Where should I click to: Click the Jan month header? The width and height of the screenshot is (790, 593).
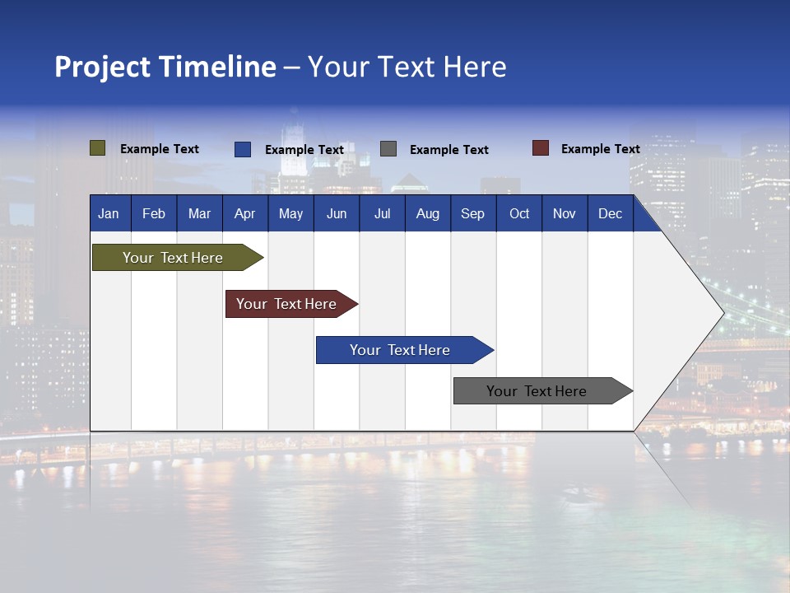(x=109, y=214)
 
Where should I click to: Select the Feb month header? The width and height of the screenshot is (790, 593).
(x=154, y=214)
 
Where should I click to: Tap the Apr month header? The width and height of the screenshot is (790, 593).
(x=245, y=214)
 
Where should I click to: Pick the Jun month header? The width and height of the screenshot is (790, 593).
(x=337, y=214)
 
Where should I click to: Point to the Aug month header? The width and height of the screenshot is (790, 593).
(x=428, y=214)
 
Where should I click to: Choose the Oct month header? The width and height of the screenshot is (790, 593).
(x=519, y=214)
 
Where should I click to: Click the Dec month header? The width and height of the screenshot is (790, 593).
(x=611, y=214)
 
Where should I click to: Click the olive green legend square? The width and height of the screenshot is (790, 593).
(x=98, y=148)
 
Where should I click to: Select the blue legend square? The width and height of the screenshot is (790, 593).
(x=243, y=149)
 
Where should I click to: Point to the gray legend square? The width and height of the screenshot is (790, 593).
(x=388, y=149)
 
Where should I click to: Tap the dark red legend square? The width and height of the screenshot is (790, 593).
(x=541, y=148)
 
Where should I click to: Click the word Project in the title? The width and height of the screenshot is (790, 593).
(x=102, y=67)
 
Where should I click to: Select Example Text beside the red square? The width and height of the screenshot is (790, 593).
(x=600, y=149)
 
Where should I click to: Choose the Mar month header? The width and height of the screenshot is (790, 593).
(x=200, y=214)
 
